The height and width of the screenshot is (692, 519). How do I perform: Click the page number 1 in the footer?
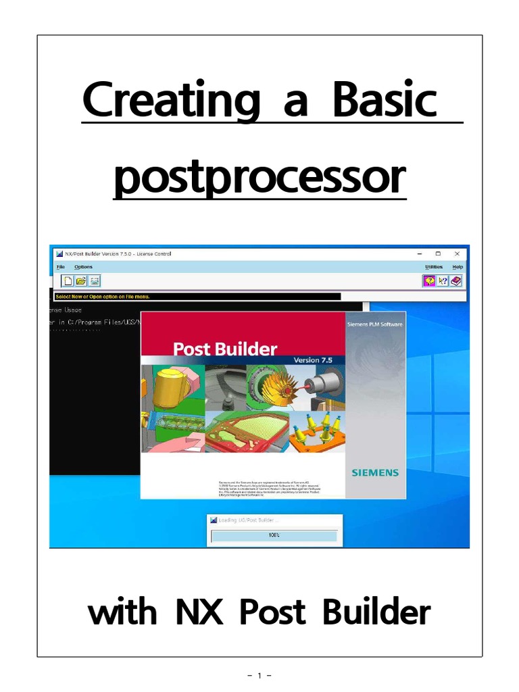click(x=259, y=675)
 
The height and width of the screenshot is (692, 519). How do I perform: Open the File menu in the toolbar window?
click(x=61, y=268)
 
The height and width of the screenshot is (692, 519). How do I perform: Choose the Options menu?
click(x=83, y=268)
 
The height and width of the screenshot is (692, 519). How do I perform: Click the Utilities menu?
click(x=434, y=268)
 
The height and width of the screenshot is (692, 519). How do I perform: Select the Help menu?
click(x=458, y=268)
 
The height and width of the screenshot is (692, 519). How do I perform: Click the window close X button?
click(x=457, y=253)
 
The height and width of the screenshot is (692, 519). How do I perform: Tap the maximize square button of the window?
click(x=438, y=253)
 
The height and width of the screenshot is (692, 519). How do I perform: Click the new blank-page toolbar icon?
click(x=68, y=280)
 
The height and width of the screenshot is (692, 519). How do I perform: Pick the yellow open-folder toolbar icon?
click(x=81, y=280)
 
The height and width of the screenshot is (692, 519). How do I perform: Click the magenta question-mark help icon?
click(x=429, y=280)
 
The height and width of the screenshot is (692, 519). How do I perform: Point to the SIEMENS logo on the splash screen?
click(x=375, y=472)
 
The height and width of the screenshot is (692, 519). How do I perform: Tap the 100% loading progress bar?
click(x=274, y=535)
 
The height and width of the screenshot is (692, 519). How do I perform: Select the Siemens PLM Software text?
click(x=374, y=324)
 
